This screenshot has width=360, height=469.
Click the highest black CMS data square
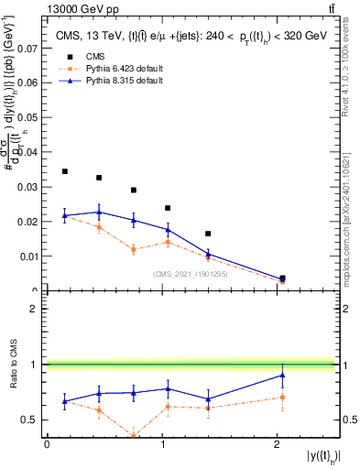pyautogui.click(x=64, y=171)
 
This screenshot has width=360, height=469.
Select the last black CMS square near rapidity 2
pyautogui.click(x=282, y=278)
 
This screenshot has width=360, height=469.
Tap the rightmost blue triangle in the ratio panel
pyautogui.click(x=282, y=375)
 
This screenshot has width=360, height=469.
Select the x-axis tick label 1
pyautogui.click(x=162, y=444)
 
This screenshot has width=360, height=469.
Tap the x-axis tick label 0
pyautogui.click(x=47, y=444)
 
